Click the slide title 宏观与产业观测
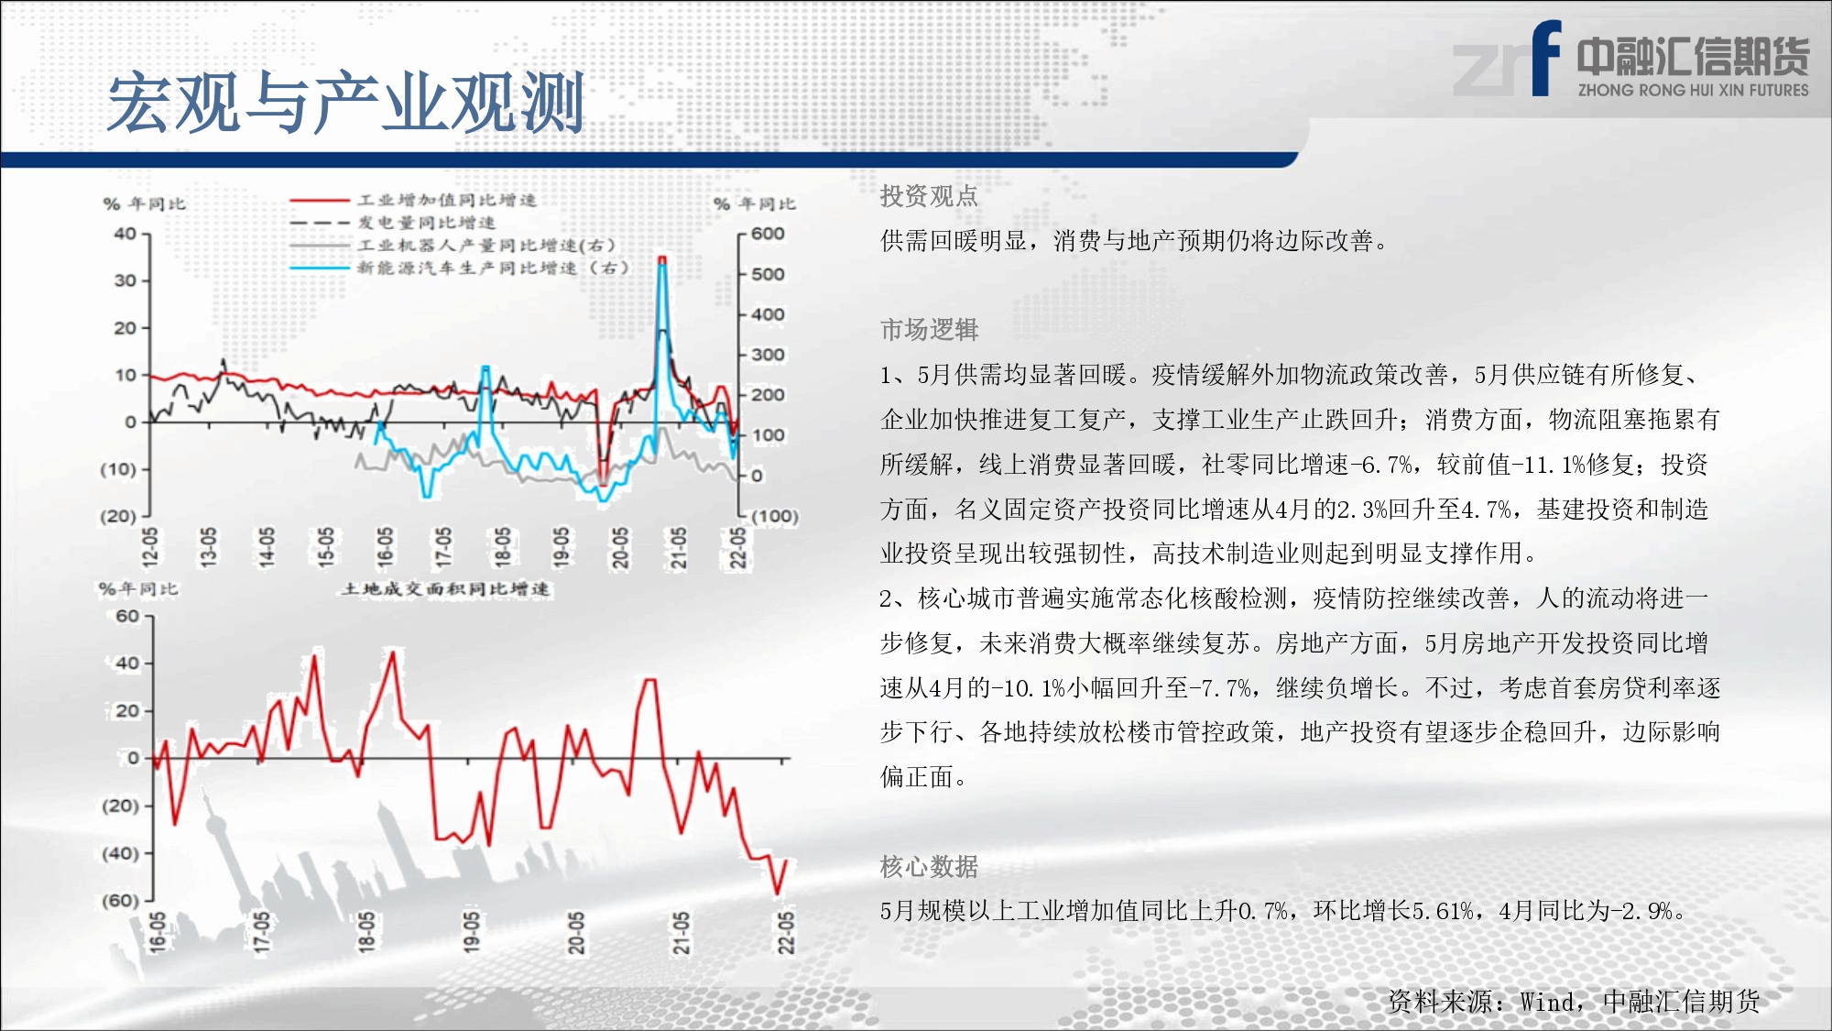pos(346,103)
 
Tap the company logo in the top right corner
pos(1630,60)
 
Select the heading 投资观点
pos(929,196)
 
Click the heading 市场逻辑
pos(929,330)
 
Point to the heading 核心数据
pos(929,866)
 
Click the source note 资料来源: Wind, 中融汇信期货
pos(1574,1002)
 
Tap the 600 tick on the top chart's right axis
pos(768,234)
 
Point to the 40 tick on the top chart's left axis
pos(125,234)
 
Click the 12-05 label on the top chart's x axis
pos(150,547)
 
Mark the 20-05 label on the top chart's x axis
pos(620,547)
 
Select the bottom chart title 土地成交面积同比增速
pos(445,588)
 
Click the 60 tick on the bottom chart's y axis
pos(127,616)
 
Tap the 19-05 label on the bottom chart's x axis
pos(471,932)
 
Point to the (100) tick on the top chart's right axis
pos(775,516)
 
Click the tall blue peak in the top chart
pos(662,266)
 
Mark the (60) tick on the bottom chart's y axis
pos(120,901)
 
